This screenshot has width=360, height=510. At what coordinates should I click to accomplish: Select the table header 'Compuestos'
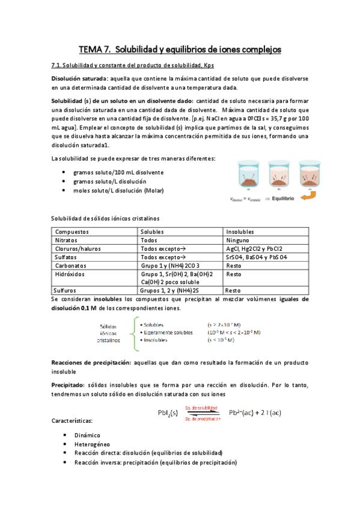[71, 232]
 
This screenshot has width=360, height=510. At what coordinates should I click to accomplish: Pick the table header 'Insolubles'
[240, 232]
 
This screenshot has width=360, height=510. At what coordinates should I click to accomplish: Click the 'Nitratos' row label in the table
[67, 240]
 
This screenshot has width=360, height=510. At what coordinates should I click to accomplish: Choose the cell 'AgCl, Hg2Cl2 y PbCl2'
[254, 248]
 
